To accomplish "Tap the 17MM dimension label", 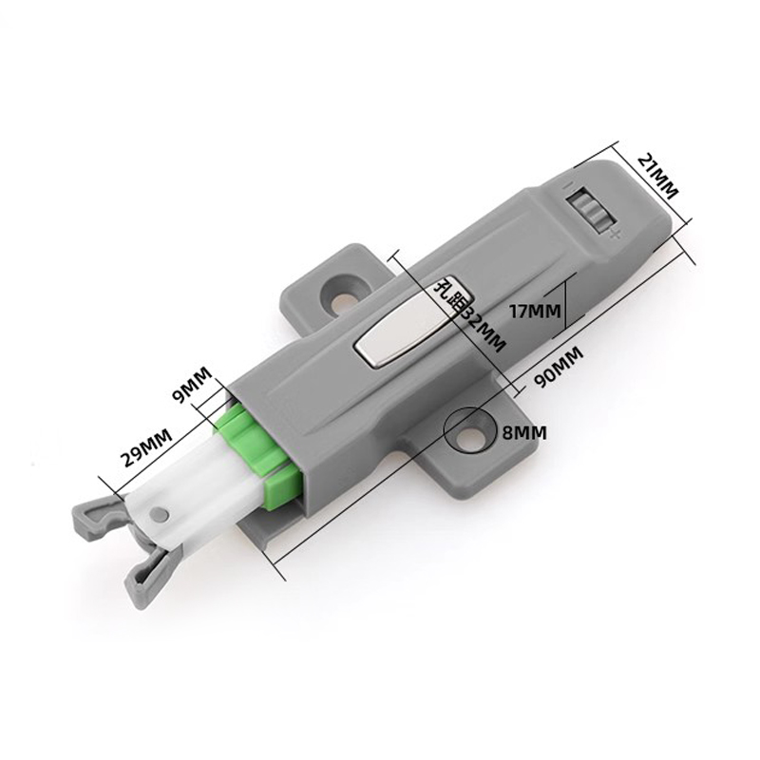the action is pyautogui.click(x=535, y=311).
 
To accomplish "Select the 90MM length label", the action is pyautogui.click(x=559, y=367).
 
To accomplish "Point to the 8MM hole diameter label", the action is pyautogui.click(x=524, y=432).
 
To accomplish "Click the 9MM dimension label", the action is pyautogui.click(x=192, y=386).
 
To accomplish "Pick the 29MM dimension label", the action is pyautogui.click(x=146, y=446).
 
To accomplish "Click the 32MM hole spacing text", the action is pyautogui.click(x=482, y=328).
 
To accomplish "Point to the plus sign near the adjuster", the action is pyautogui.click(x=615, y=236).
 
